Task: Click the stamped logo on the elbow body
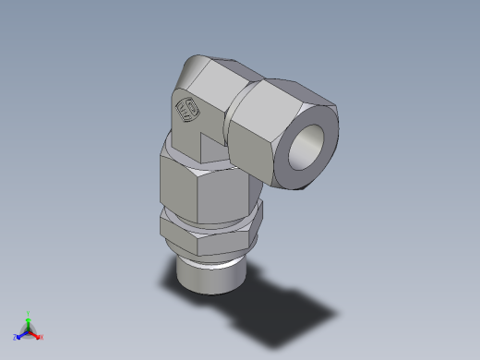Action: tap(186, 112)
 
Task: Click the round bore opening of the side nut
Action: tap(307, 150)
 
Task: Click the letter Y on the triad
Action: tap(29, 312)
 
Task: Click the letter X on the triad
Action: tap(42, 338)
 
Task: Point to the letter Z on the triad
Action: tap(16, 337)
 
